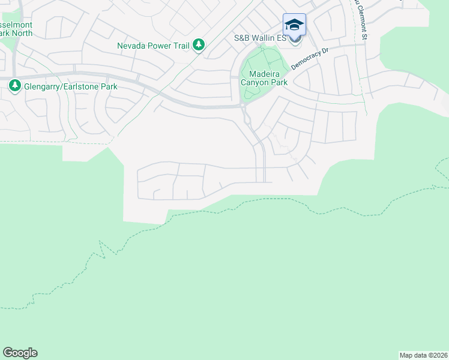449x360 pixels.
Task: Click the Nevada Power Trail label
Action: (x=153, y=45)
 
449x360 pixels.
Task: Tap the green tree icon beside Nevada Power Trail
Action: (x=199, y=45)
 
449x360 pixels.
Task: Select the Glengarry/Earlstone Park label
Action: (x=70, y=87)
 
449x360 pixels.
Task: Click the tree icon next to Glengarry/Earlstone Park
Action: (x=14, y=87)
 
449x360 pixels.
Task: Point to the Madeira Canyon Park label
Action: (x=264, y=78)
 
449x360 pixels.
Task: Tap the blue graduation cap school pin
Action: (x=294, y=25)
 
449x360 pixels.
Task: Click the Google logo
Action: (x=20, y=353)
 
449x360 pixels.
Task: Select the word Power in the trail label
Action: (x=159, y=45)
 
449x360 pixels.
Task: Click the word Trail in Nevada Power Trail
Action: (x=181, y=45)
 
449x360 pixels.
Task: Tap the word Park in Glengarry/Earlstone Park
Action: (x=108, y=87)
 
